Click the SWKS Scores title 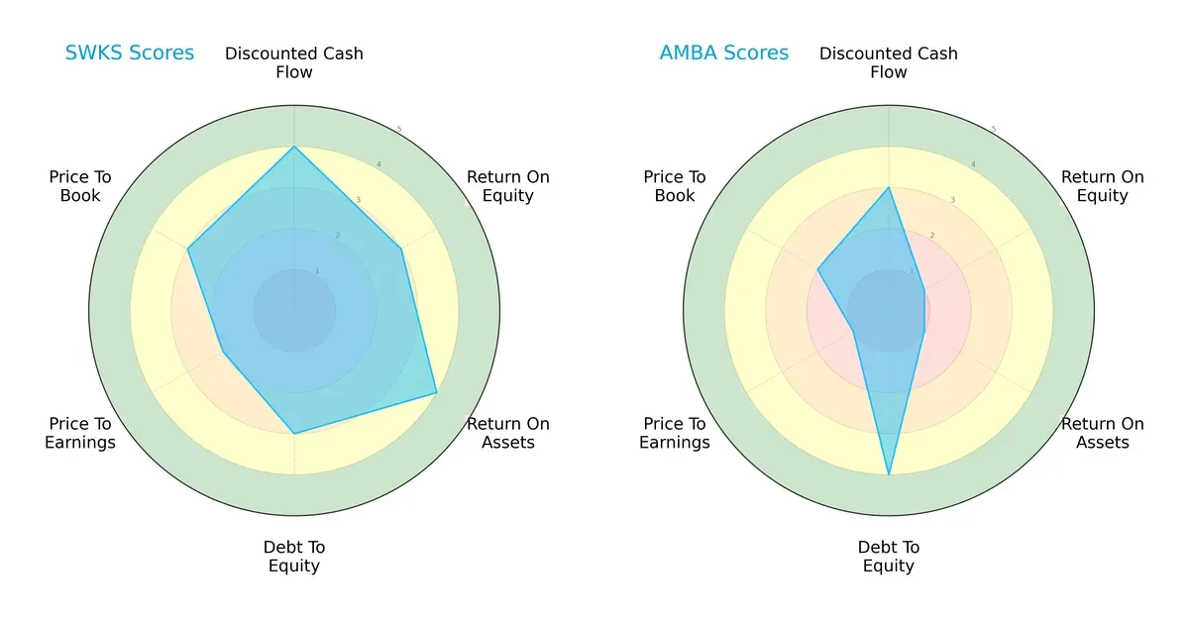pyautogui.click(x=130, y=52)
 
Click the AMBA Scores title pyautogui.click(x=724, y=52)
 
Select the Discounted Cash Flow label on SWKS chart pyautogui.click(x=294, y=62)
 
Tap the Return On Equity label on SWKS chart pyautogui.click(x=508, y=186)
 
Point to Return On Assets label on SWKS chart pyautogui.click(x=508, y=433)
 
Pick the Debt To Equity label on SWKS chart pyautogui.click(x=294, y=557)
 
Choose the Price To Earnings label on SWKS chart pyautogui.click(x=80, y=433)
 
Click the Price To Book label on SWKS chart pyautogui.click(x=80, y=186)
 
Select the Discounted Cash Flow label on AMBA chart pyautogui.click(x=889, y=62)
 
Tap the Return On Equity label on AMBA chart pyautogui.click(x=1103, y=186)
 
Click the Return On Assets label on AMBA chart pyautogui.click(x=1103, y=433)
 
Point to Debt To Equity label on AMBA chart pyautogui.click(x=889, y=557)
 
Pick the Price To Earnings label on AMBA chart pyautogui.click(x=675, y=433)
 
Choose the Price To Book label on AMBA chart pyautogui.click(x=675, y=186)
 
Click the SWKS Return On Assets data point pyautogui.click(x=437, y=393)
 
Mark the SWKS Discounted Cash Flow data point pyautogui.click(x=294, y=147)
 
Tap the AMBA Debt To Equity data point pyautogui.click(x=889, y=475)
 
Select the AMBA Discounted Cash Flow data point pyautogui.click(x=889, y=188)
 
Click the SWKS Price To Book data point pyautogui.click(x=188, y=250)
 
